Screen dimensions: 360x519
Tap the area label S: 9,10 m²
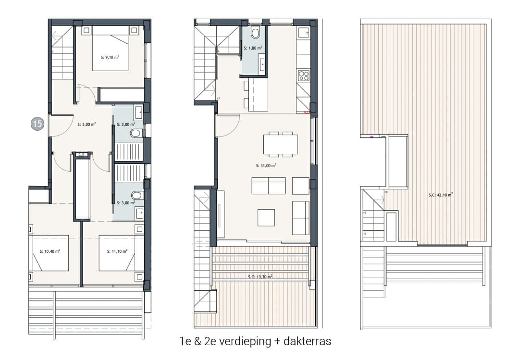click(110, 57)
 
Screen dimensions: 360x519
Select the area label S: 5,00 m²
click(86, 124)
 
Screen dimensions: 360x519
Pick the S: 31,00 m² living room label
click(266, 165)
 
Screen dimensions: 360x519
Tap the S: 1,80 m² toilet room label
click(253, 48)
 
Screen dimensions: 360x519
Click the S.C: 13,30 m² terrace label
click(260, 276)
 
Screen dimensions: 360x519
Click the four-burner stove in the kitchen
click(303, 75)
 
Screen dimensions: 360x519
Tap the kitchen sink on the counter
click(303, 33)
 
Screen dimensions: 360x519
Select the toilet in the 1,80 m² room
click(255, 33)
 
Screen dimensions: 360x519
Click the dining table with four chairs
click(281, 144)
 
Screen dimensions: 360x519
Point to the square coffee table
click(266, 217)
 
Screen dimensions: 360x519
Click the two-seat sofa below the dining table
click(268, 186)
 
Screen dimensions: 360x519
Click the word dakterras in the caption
click(308, 342)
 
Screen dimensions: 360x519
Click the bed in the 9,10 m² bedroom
click(110, 48)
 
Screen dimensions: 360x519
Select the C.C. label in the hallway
click(81, 154)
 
